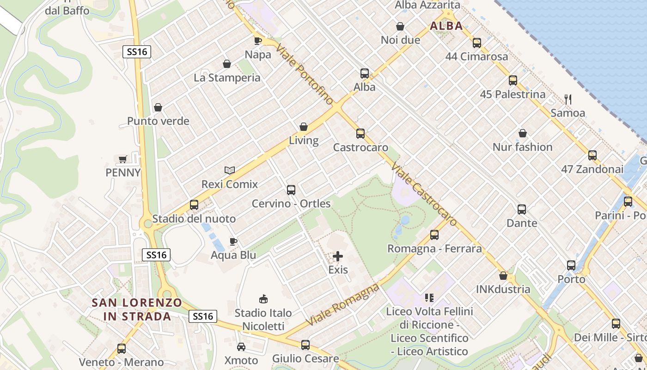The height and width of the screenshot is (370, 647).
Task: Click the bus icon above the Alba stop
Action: [x=364, y=73]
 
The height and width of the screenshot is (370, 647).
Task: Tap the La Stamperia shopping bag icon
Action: [x=227, y=63]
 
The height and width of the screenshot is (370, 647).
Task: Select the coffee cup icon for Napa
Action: [x=258, y=40]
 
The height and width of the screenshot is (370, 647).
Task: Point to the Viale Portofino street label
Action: [x=305, y=74]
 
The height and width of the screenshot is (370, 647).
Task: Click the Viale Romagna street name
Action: [x=342, y=305]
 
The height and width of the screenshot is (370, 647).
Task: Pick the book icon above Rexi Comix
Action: [x=229, y=170]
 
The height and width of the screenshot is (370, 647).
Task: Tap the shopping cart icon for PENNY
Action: [x=122, y=159]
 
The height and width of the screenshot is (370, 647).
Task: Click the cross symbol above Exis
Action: [x=338, y=256]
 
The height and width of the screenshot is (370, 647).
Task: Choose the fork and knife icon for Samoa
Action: [x=568, y=99]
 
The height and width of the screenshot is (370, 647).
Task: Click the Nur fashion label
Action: [x=522, y=147]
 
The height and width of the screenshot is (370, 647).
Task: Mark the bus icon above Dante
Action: [x=522, y=209]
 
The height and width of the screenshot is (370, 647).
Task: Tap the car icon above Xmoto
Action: [x=241, y=346]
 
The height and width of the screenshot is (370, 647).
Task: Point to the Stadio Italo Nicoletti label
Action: [x=263, y=320]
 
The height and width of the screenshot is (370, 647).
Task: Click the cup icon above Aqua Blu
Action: [x=233, y=241]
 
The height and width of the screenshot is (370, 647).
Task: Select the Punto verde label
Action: [x=158, y=121]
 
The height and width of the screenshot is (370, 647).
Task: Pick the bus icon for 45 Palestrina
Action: [x=513, y=80]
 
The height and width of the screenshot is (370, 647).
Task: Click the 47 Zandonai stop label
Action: [x=592, y=169]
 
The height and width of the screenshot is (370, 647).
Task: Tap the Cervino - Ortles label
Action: [x=291, y=203]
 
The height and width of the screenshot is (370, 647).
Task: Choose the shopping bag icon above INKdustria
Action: [x=503, y=276]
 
